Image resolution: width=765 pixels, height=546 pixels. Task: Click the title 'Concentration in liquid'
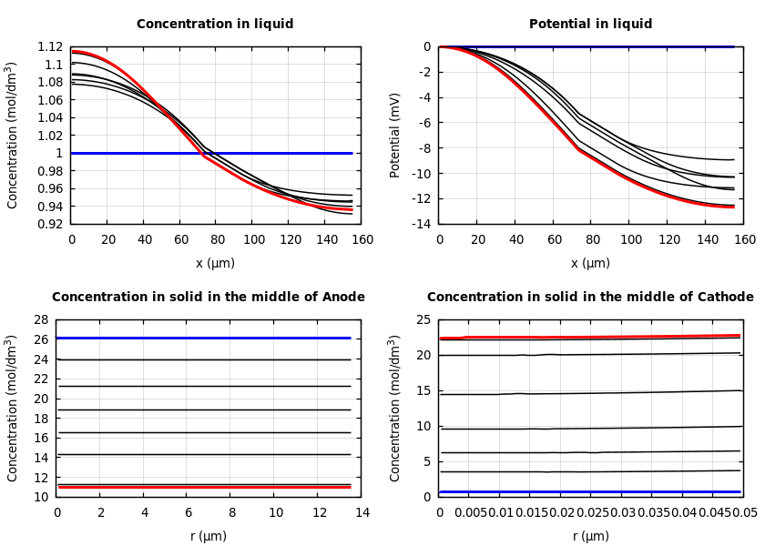pos(215,25)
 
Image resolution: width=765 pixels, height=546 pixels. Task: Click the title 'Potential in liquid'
pos(590,25)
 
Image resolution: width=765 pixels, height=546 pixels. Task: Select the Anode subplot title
pos(208,298)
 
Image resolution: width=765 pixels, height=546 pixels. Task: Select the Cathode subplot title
pos(590,298)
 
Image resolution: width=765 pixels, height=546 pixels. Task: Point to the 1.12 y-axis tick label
pos(50,46)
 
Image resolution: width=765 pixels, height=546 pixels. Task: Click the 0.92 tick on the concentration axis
pos(50,224)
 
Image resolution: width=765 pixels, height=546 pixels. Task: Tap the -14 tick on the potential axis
pos(422,224)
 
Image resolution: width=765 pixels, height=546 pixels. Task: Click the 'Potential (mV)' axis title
pos(395,135)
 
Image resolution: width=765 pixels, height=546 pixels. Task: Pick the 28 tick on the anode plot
pos(40,319)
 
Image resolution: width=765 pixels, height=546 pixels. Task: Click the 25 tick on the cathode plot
pos(423,319)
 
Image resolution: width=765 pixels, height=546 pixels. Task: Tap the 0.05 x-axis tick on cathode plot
pos(744,513)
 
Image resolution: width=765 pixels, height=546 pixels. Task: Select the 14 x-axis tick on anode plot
pos(362,513)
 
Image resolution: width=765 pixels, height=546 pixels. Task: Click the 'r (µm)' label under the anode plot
pos(209,536)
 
